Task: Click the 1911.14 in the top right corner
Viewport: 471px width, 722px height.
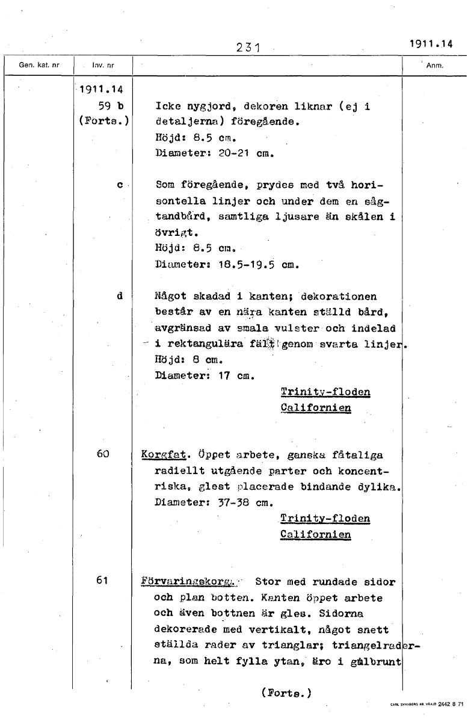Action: (x=431, y=43)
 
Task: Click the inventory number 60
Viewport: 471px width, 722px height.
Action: (x=103, y=454)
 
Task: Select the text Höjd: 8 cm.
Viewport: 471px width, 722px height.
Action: (x=180, y=361)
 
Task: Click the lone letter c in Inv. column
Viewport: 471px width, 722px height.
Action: (x=120, y=185)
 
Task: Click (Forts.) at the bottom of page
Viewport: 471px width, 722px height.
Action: (x=286, y=693)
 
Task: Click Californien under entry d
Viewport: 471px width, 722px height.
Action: (x=316, y=408)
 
